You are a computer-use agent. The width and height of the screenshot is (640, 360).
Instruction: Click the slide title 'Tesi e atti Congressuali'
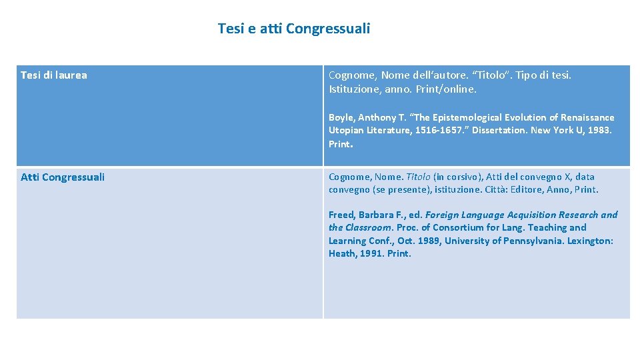293,29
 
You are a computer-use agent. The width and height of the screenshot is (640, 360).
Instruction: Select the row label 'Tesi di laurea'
53,75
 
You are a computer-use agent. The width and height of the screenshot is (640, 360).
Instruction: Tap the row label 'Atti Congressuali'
63,177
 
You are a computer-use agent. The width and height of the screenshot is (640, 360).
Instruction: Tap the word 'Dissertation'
499,131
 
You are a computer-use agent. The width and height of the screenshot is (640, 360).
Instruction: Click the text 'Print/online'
455,89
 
